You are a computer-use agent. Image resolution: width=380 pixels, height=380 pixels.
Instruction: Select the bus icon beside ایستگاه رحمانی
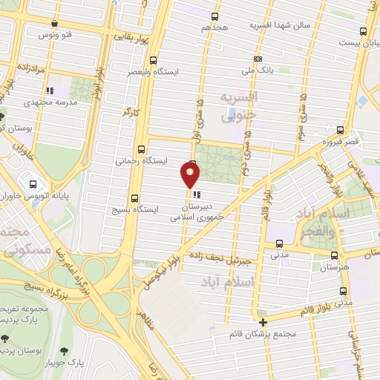point(141,148)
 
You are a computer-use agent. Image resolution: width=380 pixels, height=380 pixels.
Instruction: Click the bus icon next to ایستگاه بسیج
point(134,198)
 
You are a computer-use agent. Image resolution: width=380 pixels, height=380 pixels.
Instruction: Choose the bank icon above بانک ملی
point(258,59)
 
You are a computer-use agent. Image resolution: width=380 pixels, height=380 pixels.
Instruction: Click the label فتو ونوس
point(57,35)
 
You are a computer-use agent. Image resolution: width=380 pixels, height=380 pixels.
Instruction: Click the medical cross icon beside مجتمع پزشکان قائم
point(263,321)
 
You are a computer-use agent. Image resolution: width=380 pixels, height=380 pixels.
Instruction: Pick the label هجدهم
point(213,27)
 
